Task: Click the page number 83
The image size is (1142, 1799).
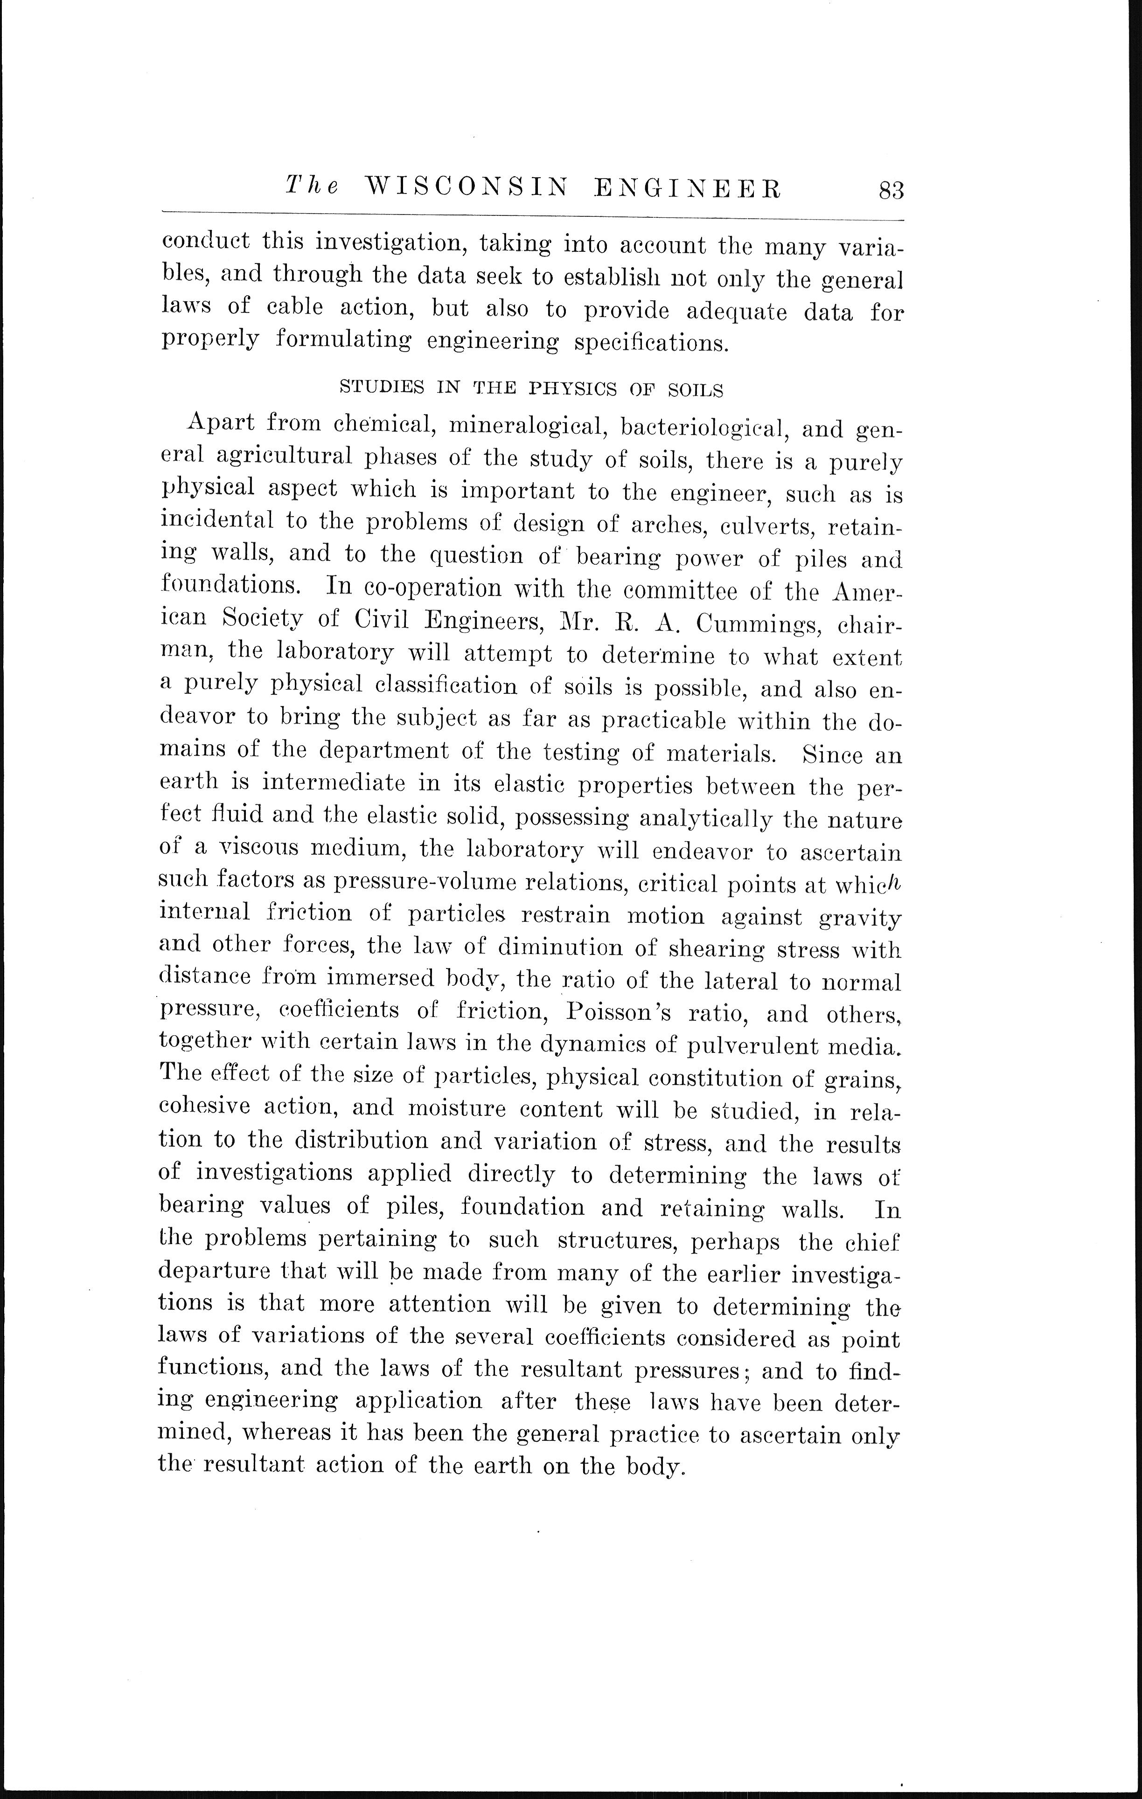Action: coord(891,191)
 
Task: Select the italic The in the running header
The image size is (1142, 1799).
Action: coord(311,187)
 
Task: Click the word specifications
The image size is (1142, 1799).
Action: coord(650,342)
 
